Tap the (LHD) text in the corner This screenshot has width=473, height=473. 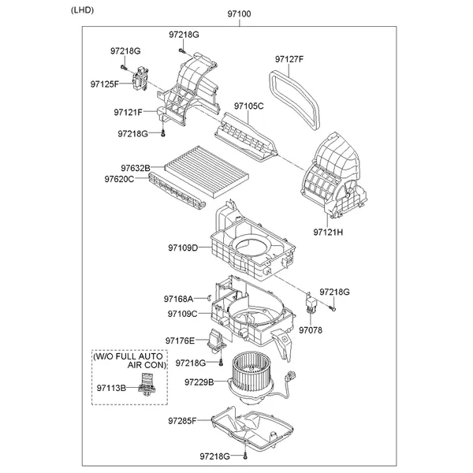coord(81,9)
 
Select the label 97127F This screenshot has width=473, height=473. coord(289,58)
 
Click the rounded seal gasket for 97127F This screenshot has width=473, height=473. coord(297,99)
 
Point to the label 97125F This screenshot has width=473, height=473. coord(104,84)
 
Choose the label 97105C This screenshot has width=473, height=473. coord(249,106)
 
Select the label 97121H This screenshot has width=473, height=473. coord(329,233)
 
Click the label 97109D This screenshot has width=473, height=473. coord(182,248)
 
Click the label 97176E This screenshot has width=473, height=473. coord(181,341)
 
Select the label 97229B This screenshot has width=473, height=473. coord(199,382)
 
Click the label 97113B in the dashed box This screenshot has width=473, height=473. coord(112,388)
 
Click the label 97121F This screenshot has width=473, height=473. coord(128,112)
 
